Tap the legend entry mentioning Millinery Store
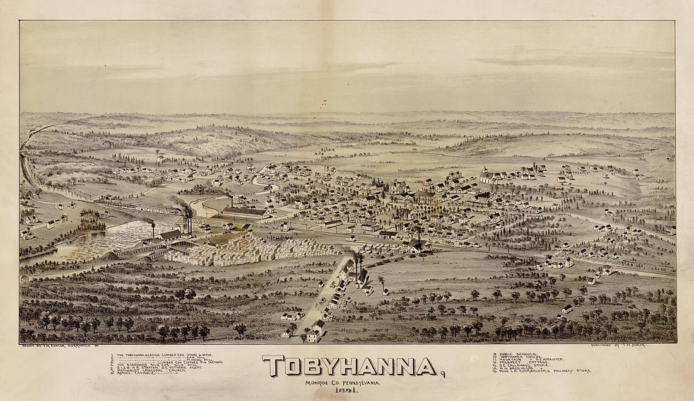[x=543, y=371]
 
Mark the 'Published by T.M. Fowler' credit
[x=618, y=346]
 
